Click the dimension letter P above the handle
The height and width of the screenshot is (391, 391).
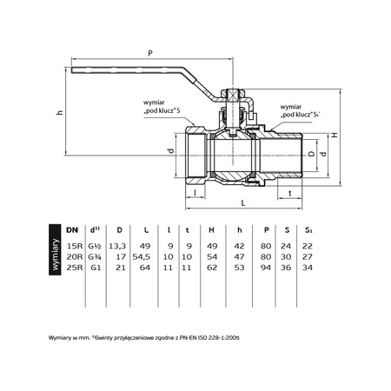pos(150,53)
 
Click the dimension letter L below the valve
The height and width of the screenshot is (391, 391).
pos(243,203)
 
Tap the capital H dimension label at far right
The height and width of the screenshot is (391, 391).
pos(335,135)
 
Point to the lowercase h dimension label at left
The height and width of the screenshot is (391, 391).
pos(59,112)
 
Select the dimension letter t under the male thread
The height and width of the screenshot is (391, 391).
pos(290,193)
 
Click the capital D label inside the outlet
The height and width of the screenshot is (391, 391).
pos(311,154)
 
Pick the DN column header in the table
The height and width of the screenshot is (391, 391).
pos(72,230)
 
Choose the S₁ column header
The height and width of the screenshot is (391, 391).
pos(308,230)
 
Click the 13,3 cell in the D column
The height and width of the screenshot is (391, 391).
pos(117,246)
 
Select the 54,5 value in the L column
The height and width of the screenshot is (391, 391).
pos(142,257)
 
